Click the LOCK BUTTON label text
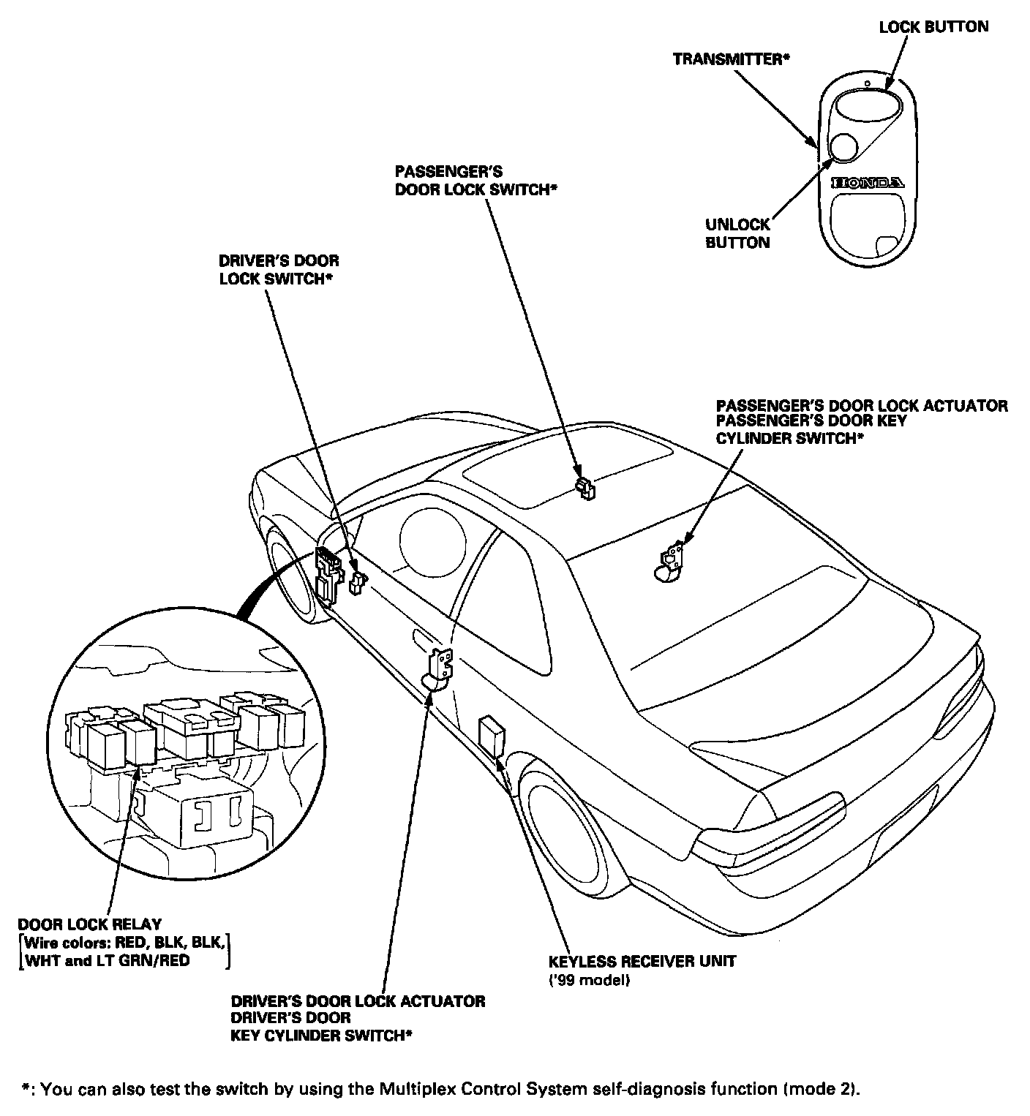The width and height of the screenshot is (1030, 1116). click(933, 27)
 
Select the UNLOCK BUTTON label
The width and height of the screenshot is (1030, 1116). click(737, 233)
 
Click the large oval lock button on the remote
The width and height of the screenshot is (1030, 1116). click(865, 104)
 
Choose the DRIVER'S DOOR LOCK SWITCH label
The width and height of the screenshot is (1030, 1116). click(279, 270)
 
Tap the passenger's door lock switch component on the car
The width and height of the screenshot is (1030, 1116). click(584, 487)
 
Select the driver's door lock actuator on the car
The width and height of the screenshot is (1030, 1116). click(440, 668)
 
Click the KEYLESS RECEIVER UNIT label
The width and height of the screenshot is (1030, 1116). click(642, 961)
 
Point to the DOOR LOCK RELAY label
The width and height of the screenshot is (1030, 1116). click(89, 924)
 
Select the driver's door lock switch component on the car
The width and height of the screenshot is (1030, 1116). click(357, 583)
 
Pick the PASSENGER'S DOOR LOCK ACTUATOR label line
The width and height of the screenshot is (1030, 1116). click(861, 405)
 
